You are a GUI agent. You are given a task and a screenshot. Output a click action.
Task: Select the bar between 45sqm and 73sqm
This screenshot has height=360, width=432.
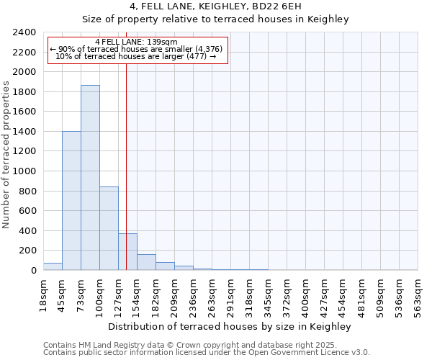pyautogui.click(x=71, y=201)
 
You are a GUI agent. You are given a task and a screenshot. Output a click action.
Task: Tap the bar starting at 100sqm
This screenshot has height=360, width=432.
pyautogui.click(x=109, y=228)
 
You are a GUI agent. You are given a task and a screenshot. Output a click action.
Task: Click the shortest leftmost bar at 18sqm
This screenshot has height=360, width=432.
pyautogui.click(x=53, y=266)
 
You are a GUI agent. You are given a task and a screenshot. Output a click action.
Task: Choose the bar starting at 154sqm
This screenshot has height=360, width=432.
pyautogui.click(x=146, y=262)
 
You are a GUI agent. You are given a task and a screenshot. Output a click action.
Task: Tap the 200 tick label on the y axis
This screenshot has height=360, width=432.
pyautogui.click(x=29, y=251)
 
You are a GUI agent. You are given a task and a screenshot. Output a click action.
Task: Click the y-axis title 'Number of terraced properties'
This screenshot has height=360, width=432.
pyautogui.click(x=6, y=155)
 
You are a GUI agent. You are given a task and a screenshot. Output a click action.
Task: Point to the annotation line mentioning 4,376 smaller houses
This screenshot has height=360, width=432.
pyautogui.click(x=136, y=49)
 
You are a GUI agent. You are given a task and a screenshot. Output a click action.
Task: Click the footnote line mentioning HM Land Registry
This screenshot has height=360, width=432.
pyautogui.click(x=206, y=345)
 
